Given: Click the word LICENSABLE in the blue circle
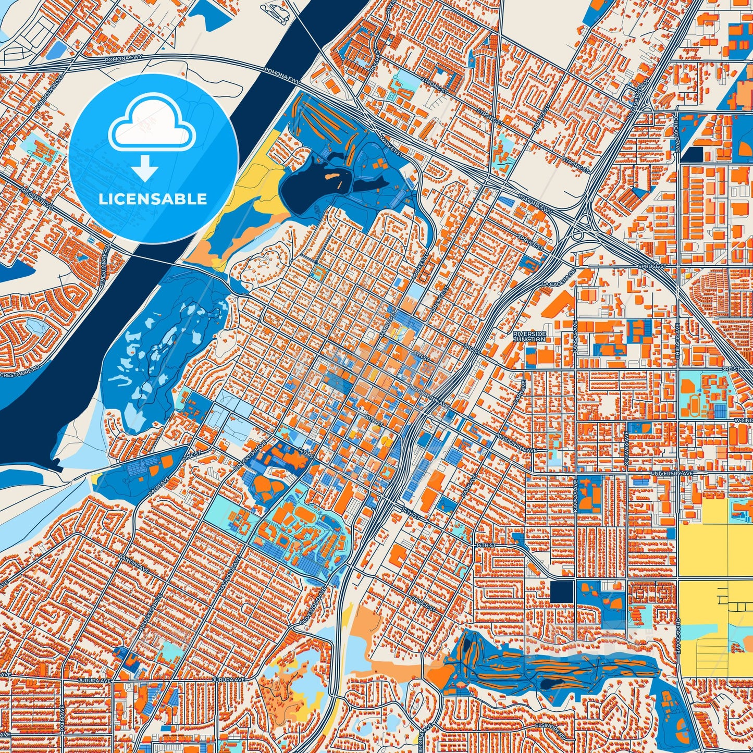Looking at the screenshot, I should coord(153,199).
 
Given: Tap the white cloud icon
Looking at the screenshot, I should coord(152,124).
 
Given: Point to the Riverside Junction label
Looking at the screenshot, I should coord(529,336).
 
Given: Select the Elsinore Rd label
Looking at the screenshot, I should coord(550,725).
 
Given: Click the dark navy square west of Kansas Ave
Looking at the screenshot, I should coord(562,591).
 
